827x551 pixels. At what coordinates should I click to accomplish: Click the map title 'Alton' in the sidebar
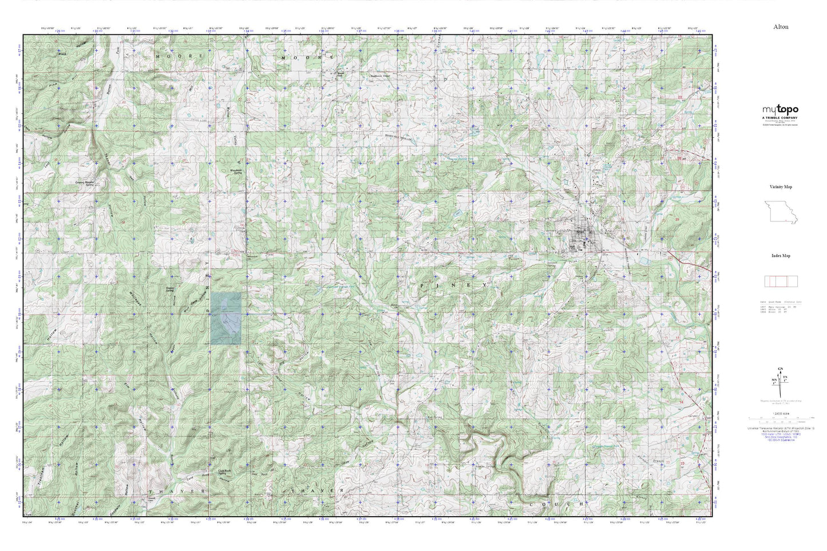tap(780, 26)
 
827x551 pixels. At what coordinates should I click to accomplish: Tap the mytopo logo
tap(779, 110)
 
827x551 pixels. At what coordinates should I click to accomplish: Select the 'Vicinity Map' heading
tap(781, 187)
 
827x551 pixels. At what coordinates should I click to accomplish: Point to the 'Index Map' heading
tap(781, 256)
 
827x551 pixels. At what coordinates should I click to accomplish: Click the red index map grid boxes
tap(781, 281)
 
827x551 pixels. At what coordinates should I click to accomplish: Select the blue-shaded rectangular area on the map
tap(225, 318)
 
